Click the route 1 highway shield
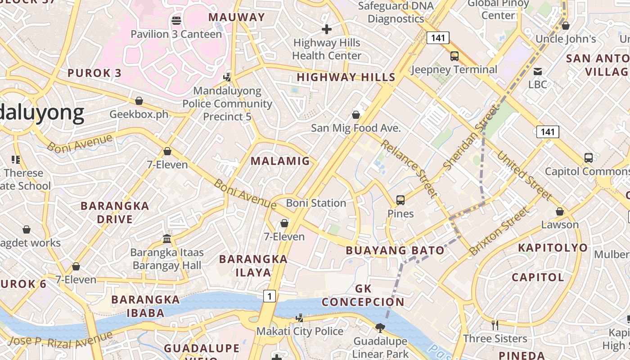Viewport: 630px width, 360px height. click(x=269, y=296)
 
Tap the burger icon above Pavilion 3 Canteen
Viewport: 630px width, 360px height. click(x=176, y=20)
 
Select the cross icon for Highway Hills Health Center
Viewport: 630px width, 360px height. click(x=327, y=30)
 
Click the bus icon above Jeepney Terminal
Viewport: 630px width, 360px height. click(x=454, y=56)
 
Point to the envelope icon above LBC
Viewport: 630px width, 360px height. click(x=537, y=72)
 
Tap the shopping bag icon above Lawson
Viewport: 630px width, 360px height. click(x=560, y=211)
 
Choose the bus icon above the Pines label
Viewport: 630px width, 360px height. click(x=400, y=200)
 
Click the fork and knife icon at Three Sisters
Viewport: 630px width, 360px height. click(x=495, y=325)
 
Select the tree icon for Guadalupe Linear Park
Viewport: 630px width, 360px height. click(x=380, y=328)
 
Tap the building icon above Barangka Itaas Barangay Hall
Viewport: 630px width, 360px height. click(x=167, y=238)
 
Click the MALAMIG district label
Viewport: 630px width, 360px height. click(x=280, y=161)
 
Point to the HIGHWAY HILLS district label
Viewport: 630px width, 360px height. click(x=346, y=77)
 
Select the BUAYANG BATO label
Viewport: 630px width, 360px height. click(x=395, y=251)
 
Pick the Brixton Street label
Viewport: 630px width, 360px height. click(x=499, y=231)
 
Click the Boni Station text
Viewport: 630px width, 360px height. click(x=316, y=203)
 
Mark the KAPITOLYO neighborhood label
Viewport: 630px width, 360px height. click(x=553, y=248)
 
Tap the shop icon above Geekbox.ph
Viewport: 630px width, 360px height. click(x=139, y=101)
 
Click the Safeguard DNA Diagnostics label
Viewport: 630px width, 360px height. click(x=396, y=12)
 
